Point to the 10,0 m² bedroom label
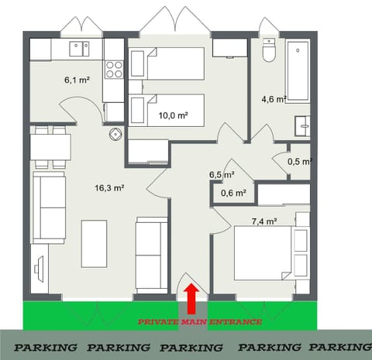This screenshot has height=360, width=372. pos(174,115)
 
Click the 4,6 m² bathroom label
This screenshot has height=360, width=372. pos(274,99)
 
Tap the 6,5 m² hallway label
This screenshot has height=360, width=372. pos(222,175)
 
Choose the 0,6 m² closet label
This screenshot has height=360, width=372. pos(233,194)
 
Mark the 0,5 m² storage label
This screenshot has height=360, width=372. pos(298,161)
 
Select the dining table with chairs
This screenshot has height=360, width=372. pos(51,146)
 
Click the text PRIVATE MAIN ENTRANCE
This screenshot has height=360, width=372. pos(200,321)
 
